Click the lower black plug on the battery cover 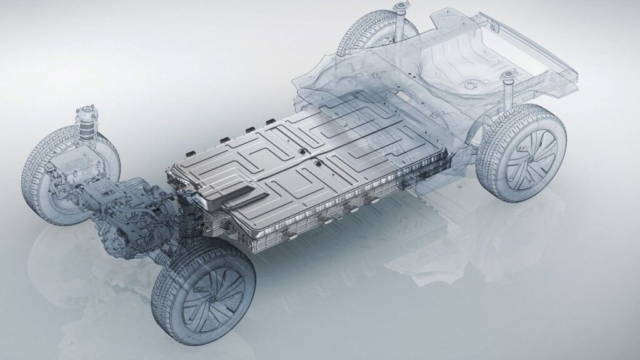[x=316, y=165]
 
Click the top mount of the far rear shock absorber [x=397, y=9]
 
